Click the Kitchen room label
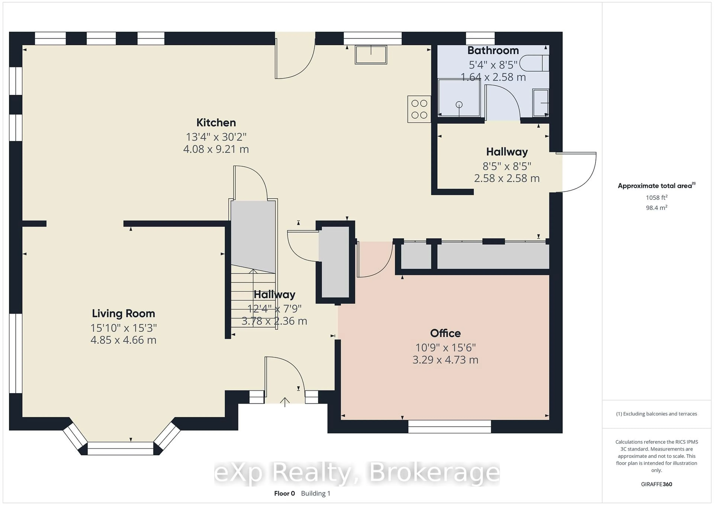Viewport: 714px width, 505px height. (216, 123)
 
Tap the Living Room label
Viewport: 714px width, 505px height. (123, 313)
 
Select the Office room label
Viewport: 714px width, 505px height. (445, 333)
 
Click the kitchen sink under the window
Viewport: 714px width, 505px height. (371, 55)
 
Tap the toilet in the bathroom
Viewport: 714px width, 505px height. (534, 63)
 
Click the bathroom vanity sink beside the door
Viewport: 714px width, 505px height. (541, 103)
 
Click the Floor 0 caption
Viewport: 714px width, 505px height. (284, 493)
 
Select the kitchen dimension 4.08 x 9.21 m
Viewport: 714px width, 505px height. (216, 149)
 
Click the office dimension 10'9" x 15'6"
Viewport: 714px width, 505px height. (445, 347)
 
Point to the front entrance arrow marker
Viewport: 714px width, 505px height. (284, 402)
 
